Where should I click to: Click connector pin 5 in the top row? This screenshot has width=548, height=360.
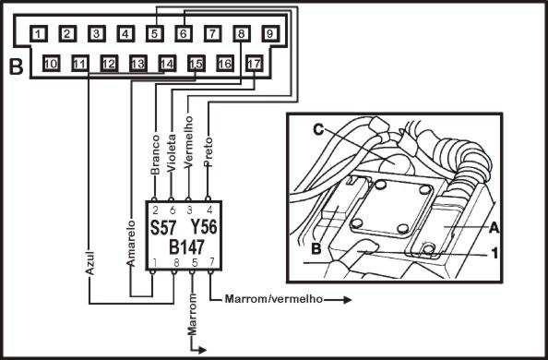coord(155,34)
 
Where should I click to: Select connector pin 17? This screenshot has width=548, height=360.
coord(254,64)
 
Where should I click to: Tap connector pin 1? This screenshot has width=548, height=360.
coord(39,34)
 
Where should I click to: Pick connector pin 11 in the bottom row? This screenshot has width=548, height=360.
coord(80,64)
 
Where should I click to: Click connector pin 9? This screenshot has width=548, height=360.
coord(270,34)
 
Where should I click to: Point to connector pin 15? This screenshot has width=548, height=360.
coord(197,64)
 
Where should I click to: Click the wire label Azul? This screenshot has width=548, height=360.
coord(90,262)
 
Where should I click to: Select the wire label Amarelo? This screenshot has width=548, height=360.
coord(131,243)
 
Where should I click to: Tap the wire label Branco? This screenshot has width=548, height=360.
coord(155,155)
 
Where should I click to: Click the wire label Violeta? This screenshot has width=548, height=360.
coord(172,153)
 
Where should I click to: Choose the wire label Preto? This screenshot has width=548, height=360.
coord(208,151)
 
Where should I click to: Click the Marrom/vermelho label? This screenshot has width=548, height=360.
coord(274,299)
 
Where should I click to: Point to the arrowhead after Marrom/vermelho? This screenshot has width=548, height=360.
coord(347,300)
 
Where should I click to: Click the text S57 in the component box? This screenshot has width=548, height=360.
coord(163,228)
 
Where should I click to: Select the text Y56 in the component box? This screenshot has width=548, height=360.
coord(204,227)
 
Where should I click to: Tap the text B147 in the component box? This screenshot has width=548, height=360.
coord(186,247)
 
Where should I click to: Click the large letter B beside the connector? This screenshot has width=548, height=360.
coord(16,66)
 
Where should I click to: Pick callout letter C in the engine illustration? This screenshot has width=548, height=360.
coord(318,130)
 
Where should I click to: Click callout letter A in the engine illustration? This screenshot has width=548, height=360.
coord(494,228)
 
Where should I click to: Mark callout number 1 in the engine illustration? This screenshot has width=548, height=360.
coord(494,253)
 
